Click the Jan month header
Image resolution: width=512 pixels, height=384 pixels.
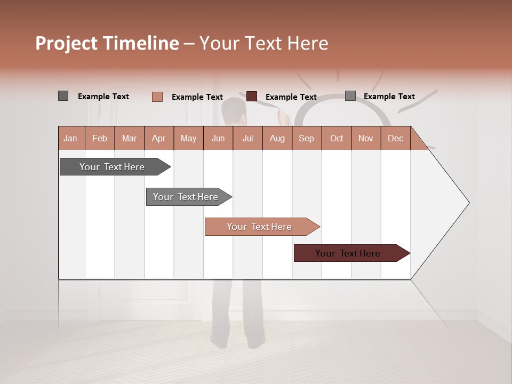70,138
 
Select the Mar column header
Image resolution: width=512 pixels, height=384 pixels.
129,138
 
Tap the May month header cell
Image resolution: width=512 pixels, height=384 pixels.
188,138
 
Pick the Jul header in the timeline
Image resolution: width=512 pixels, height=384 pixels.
247,138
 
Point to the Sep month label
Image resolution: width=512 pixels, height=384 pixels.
306,138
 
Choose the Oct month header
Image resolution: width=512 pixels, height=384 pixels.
337,138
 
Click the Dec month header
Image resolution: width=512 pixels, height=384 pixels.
395,138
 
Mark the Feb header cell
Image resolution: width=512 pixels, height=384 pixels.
100,138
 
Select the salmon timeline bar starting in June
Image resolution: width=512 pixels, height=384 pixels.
259,227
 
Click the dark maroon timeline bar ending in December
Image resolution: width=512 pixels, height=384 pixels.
348,253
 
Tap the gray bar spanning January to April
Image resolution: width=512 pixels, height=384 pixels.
112,167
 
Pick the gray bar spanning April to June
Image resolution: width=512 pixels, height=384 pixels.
186,197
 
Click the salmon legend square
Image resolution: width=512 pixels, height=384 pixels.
157,97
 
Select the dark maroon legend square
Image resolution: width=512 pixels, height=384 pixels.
252,97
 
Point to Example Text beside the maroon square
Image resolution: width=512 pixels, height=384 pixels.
291,97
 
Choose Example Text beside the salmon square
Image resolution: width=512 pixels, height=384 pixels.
197,97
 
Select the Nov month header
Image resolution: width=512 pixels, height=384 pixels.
366,138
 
